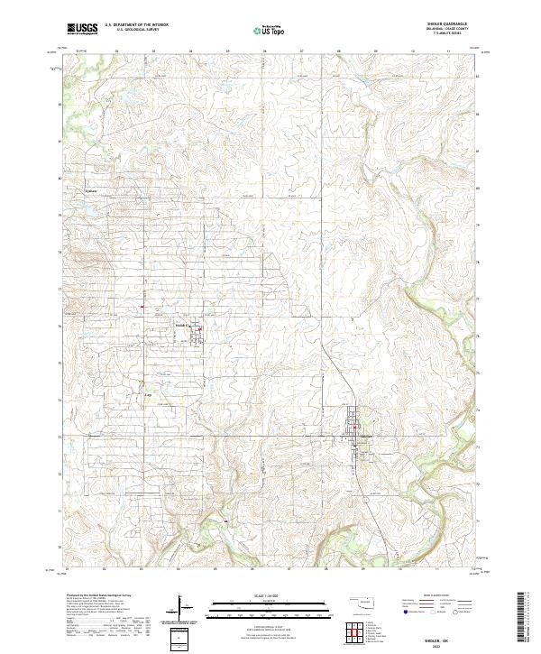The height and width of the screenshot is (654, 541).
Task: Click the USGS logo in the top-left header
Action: tap(82, 29)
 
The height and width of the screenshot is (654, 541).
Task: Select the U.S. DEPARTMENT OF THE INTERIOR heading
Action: tap(137, 25)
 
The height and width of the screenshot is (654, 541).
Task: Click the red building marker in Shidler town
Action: tap(355, 427)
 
